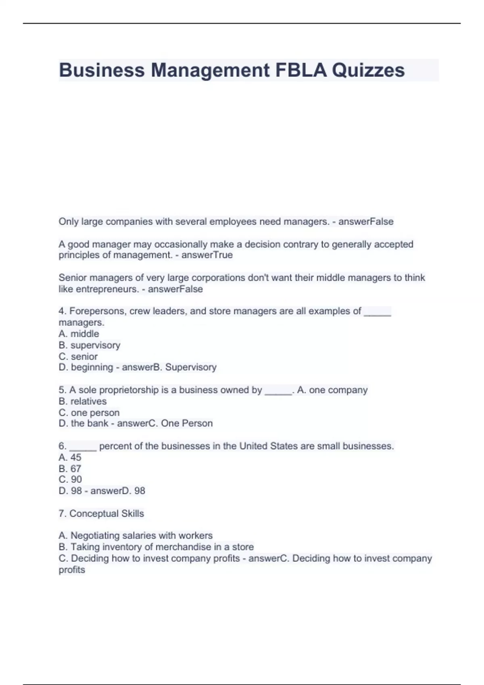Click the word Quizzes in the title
368,70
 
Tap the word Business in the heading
102,70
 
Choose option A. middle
79,334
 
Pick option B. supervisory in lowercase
89,345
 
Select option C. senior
78,356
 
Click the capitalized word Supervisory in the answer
191,367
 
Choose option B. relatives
83,401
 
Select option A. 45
70,457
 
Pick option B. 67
70,469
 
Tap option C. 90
70,479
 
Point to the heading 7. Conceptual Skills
101,513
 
